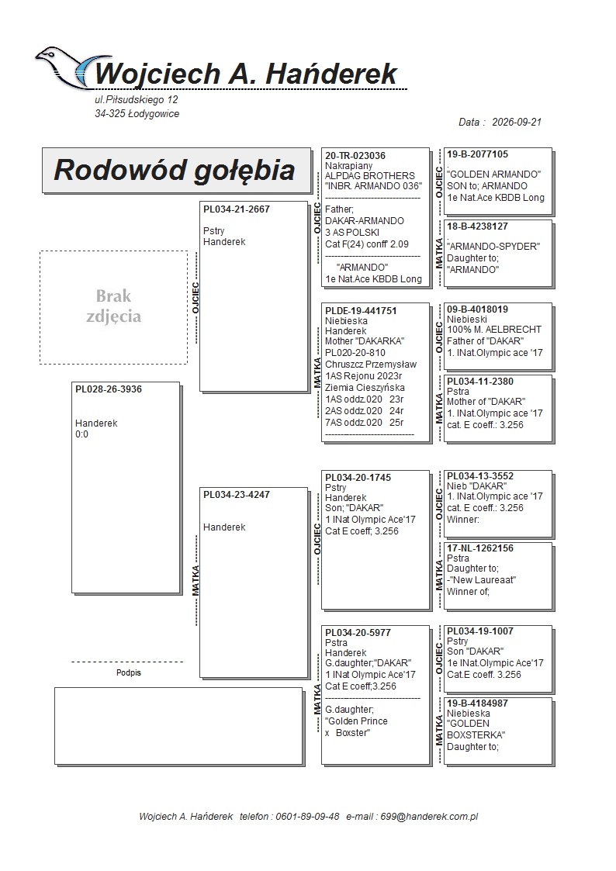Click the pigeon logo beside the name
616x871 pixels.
(65, 67)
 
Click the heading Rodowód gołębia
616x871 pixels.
(174, 170)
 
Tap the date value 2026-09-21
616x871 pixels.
(517, 123)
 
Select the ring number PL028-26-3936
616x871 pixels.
(109, 389)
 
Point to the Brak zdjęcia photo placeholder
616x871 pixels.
(113, 306)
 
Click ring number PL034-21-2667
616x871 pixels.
(237, 209)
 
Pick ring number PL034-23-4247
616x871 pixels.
(237, 495)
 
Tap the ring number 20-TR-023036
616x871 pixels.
(355, 156)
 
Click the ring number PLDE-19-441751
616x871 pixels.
(361, 311)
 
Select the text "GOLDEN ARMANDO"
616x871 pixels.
(493, 175)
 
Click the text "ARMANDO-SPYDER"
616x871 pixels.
(493, 247)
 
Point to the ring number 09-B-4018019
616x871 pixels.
(478, 309)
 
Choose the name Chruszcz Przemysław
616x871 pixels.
(371, 365)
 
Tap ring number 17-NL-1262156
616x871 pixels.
(480, 548)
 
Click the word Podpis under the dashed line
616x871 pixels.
(129, 672)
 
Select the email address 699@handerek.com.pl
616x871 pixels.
(429, 817)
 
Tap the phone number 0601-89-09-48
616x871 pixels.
(307, 817)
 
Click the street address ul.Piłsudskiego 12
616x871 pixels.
(136, 100)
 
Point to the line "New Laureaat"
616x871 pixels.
(482, 580)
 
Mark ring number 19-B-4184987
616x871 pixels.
(478, 703)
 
